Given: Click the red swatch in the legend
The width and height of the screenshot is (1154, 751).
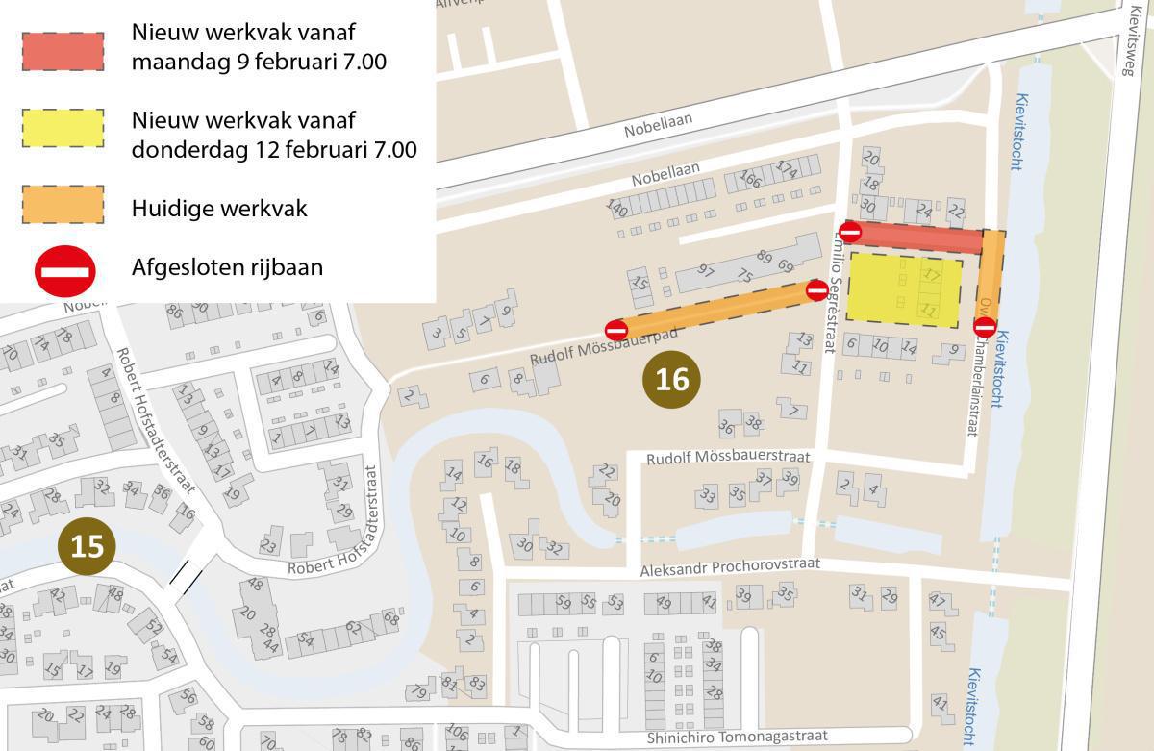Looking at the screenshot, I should (62, 51).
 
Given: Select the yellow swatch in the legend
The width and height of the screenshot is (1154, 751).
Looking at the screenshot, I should (62, 128).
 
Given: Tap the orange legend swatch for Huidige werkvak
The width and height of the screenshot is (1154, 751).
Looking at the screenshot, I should (62, 204).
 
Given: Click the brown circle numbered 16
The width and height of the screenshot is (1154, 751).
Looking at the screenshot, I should (671, 379).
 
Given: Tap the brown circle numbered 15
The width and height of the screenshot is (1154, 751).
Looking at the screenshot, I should (87, 546).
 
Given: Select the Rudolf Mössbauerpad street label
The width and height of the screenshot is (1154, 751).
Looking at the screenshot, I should (604, 347).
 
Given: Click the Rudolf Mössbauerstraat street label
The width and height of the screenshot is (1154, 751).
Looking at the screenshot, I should (728, 458).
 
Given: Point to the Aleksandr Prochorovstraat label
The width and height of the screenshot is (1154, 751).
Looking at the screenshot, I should (730, 567).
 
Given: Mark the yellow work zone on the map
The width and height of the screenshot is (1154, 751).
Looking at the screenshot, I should (903, 290).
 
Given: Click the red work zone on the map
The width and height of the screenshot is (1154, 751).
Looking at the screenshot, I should (918, 238).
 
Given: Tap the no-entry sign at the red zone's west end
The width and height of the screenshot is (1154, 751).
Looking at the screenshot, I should (850, 232).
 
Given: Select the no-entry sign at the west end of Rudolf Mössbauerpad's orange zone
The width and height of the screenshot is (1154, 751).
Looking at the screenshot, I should (616, 330).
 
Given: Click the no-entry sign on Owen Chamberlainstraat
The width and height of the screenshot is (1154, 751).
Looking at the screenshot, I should (985, 327).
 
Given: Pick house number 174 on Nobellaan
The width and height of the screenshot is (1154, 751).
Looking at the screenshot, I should (787, 170).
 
